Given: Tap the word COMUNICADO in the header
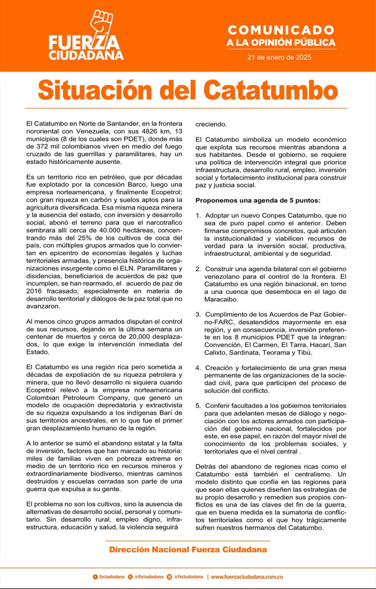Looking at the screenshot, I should tap(281, 31).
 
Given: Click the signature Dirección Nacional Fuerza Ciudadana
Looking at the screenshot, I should tap(188, 550).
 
